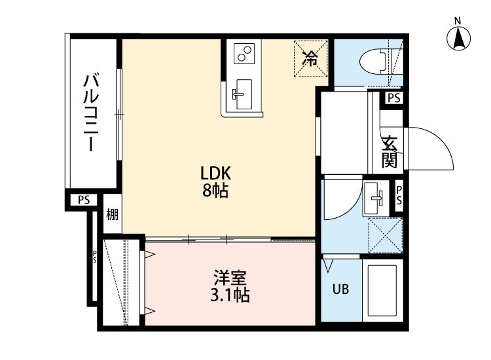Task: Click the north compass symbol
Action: point(460,39)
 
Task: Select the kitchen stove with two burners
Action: point(244,54)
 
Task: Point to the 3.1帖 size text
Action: point(228,295)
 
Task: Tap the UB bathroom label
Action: point(340,289)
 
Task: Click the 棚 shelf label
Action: point(112,214)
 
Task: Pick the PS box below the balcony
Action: point(83,200)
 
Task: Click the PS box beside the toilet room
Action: point(393,98)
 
